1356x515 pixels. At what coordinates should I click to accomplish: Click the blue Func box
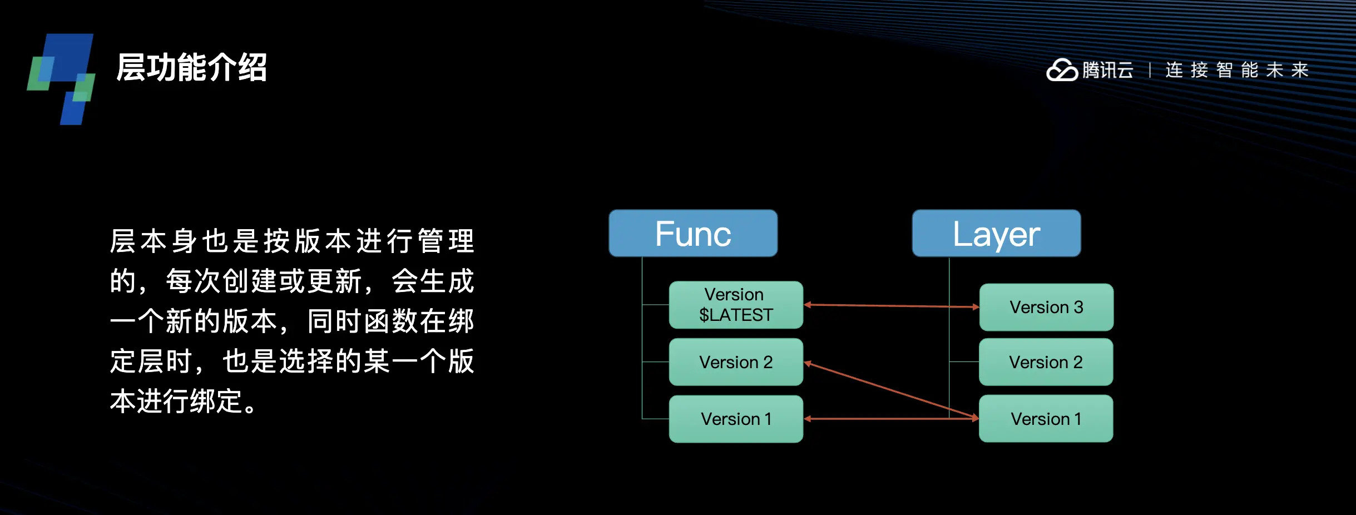(x=693, y=233)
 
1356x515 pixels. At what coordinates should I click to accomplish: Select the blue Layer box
(x=996, y=233)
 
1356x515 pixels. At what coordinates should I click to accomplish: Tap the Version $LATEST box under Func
(x=736, y=305)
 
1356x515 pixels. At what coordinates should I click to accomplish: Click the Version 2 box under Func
(x=736, y=362)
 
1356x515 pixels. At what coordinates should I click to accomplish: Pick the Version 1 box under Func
(x=736, y=419)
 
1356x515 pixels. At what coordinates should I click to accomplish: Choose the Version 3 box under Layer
(x=1046, y=307)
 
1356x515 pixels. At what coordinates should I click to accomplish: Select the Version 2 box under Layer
(x=1046, y=362)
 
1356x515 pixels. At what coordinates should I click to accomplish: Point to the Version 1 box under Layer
(x=1046, y=419)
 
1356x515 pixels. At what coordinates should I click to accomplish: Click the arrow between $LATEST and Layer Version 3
(x=890, y=306)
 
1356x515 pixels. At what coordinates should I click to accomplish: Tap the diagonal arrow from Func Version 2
(x=890, y=390)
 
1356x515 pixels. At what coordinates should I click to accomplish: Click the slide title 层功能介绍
(x=192, y=68)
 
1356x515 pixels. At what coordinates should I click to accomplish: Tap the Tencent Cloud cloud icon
(x=1062, y=71)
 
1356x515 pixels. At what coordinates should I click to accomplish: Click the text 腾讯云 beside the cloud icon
(x=1107, y=71)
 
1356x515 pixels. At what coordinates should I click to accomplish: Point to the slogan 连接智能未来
(x=1237, y=71)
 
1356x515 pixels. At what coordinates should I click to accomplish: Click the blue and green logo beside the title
(x=61, y=78)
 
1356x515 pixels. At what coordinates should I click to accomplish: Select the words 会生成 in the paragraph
(x=433, y=281)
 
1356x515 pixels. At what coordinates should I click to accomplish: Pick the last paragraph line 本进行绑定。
(x=184, y=401)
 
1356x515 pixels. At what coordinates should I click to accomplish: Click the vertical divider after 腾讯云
(x=1150, y=71)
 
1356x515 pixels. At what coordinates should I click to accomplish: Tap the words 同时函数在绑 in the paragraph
(x=390, y=321)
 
